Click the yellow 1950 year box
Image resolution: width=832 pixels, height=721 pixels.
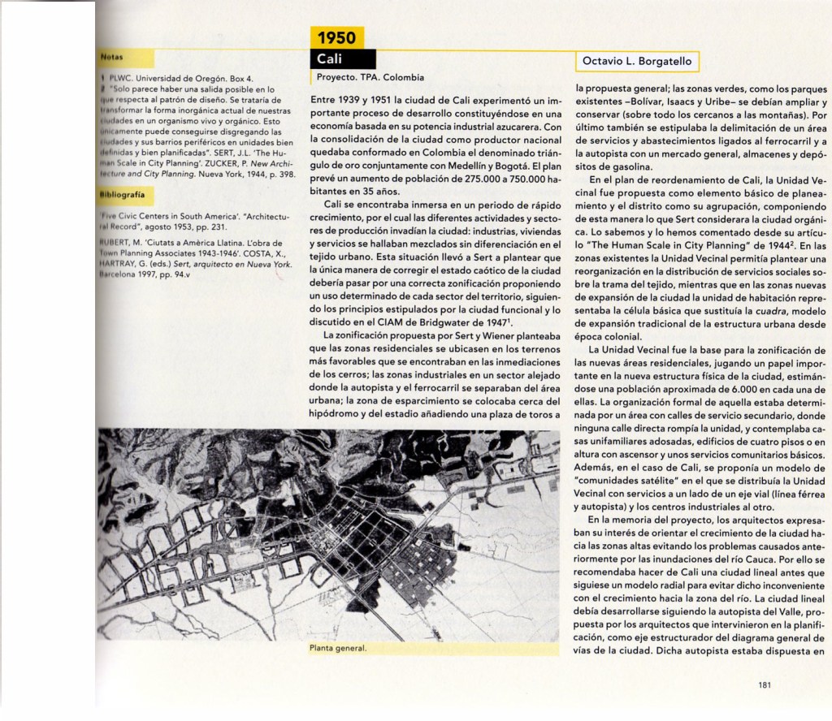tap(336, 38)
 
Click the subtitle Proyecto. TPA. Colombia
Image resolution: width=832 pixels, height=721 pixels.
tap(369, 78)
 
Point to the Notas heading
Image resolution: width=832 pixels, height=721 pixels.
tap(111, 58)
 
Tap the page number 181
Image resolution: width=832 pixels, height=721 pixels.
tap(764, 684)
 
